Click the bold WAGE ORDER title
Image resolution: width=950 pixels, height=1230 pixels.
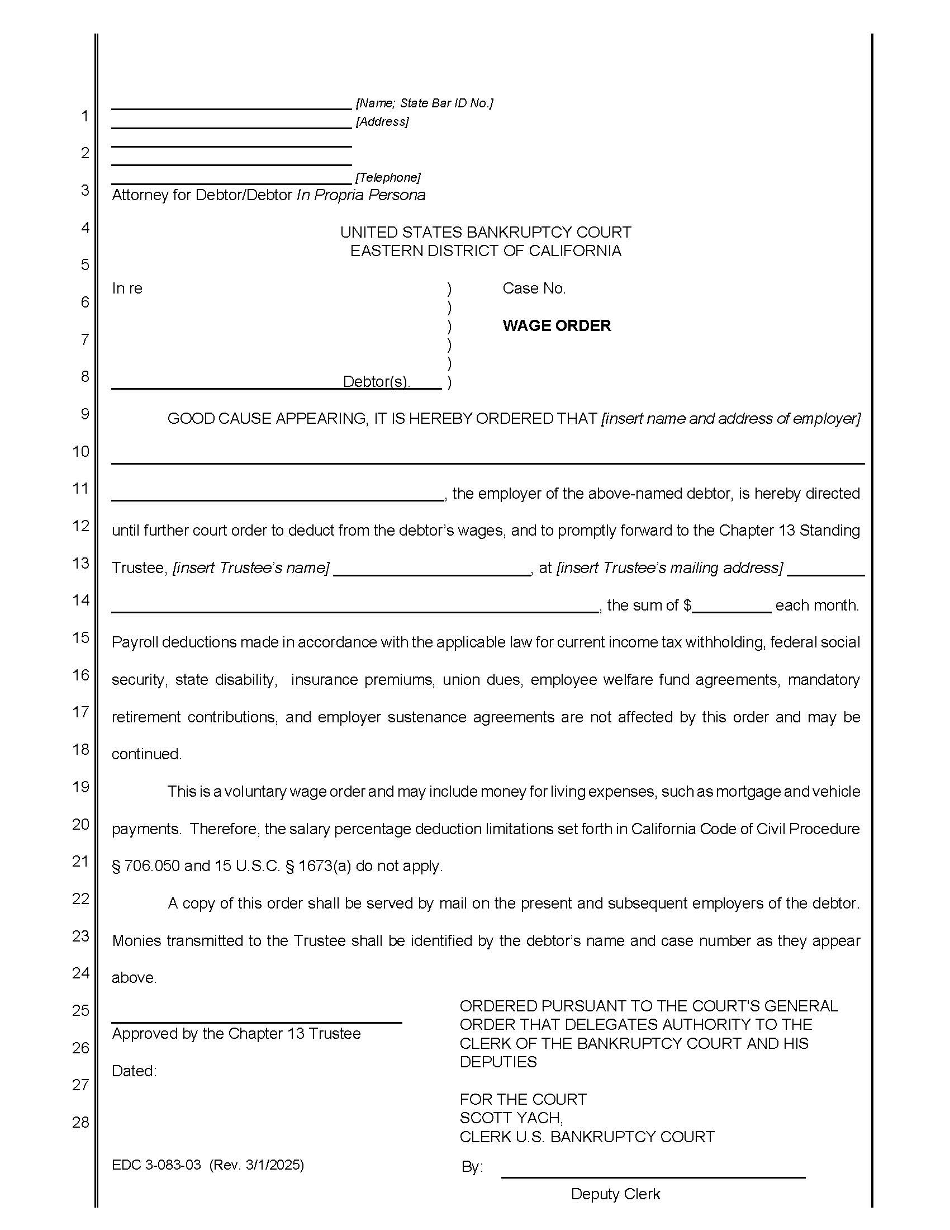(x=556, y=325)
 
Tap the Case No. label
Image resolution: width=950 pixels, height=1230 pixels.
(x=534, y=288)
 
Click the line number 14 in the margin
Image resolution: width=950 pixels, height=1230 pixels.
(x=81, y=600)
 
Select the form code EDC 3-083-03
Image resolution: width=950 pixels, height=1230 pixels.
(x=156, y=1165)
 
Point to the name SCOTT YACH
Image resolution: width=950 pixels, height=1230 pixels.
(x=510, y=1118)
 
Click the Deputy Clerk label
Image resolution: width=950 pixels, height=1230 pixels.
(x=615, y=1194)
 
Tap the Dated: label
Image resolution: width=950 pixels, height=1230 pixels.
(x=134, y=1071)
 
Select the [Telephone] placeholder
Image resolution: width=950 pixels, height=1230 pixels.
(x=387, y=177)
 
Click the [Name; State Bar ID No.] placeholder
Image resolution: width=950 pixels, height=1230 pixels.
(x=424, y=103)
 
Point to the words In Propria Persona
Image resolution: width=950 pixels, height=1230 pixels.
(x=361, y=195)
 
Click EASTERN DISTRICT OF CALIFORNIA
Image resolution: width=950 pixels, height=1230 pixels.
(x=485, y=250)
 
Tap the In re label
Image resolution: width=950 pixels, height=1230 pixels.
(x=127, y=288)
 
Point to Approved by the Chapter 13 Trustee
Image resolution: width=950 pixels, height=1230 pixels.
(x=236, y=1033)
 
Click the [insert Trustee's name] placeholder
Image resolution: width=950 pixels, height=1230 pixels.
(x=251, y=567)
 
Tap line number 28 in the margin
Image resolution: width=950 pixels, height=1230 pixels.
(x=81, y=1123)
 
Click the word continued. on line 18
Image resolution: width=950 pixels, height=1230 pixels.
(x=146, y=754)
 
